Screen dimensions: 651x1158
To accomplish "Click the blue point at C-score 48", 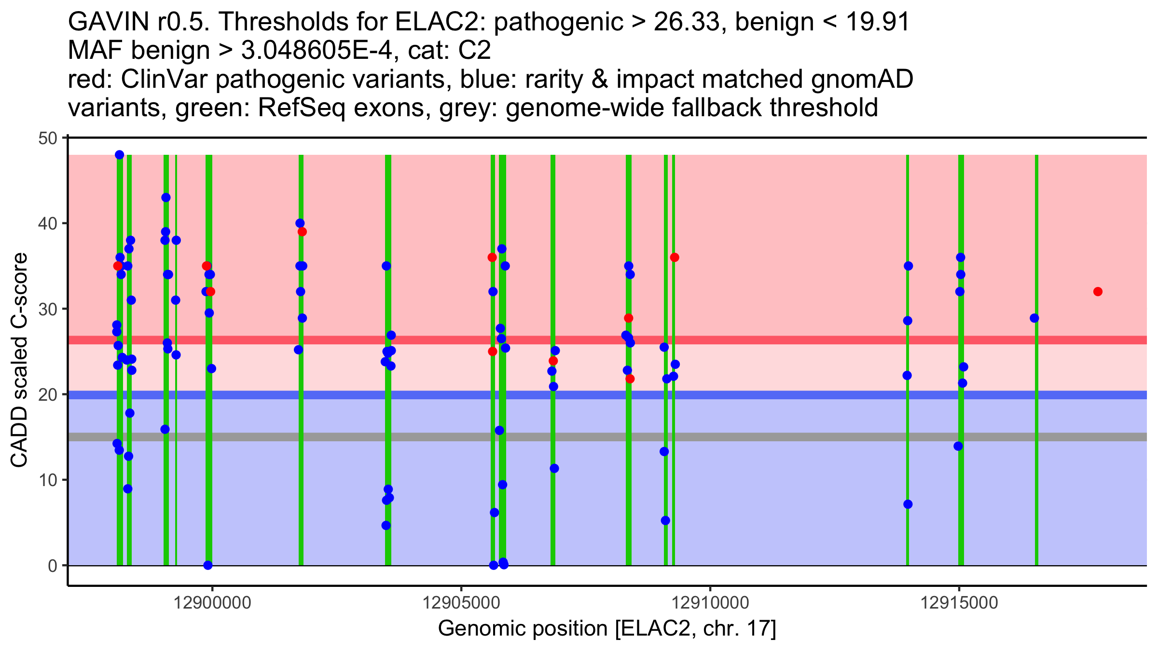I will coord(120,155).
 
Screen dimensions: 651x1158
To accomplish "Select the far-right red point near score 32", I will coord(1098,292).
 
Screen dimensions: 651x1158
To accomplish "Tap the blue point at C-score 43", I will coord(166,197).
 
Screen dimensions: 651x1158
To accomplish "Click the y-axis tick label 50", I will coord(47,138).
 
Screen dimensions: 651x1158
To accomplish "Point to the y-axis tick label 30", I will coord(47,309).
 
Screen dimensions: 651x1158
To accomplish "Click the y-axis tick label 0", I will coord(52,566).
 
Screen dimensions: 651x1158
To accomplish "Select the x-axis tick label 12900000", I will coord(213,603).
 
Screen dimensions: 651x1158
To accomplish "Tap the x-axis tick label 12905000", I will coord(462,603).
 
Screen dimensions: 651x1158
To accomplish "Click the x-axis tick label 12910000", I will coord(710,603).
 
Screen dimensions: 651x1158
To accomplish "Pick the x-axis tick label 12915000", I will coord(959,603).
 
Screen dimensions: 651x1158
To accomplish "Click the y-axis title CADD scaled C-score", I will coord(19,361).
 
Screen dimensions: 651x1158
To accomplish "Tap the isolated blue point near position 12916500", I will coord(1034,318).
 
